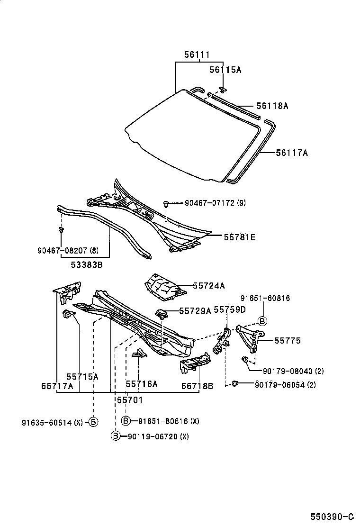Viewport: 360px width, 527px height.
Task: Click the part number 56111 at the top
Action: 197,55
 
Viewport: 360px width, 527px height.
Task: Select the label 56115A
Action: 225,70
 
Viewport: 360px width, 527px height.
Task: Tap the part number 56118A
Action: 272,106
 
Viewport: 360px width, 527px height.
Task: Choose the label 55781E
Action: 239,237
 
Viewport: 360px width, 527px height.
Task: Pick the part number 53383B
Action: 86,265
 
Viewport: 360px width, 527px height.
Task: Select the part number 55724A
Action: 208,286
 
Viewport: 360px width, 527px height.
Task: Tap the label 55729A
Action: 195,311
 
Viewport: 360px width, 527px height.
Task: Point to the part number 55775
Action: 288,340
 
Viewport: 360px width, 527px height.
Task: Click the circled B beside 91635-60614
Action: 93,421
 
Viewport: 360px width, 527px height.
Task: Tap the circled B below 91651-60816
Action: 262,321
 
